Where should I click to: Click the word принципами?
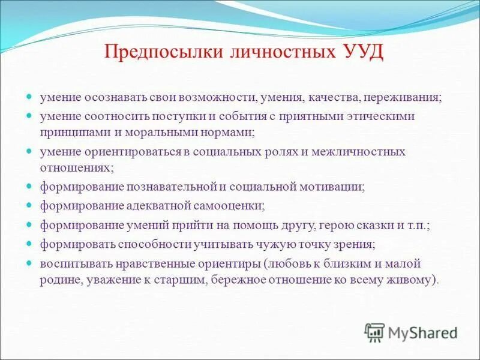[69, 128]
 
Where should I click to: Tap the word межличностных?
[366, 151]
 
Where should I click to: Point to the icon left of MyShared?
[374, 332]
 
